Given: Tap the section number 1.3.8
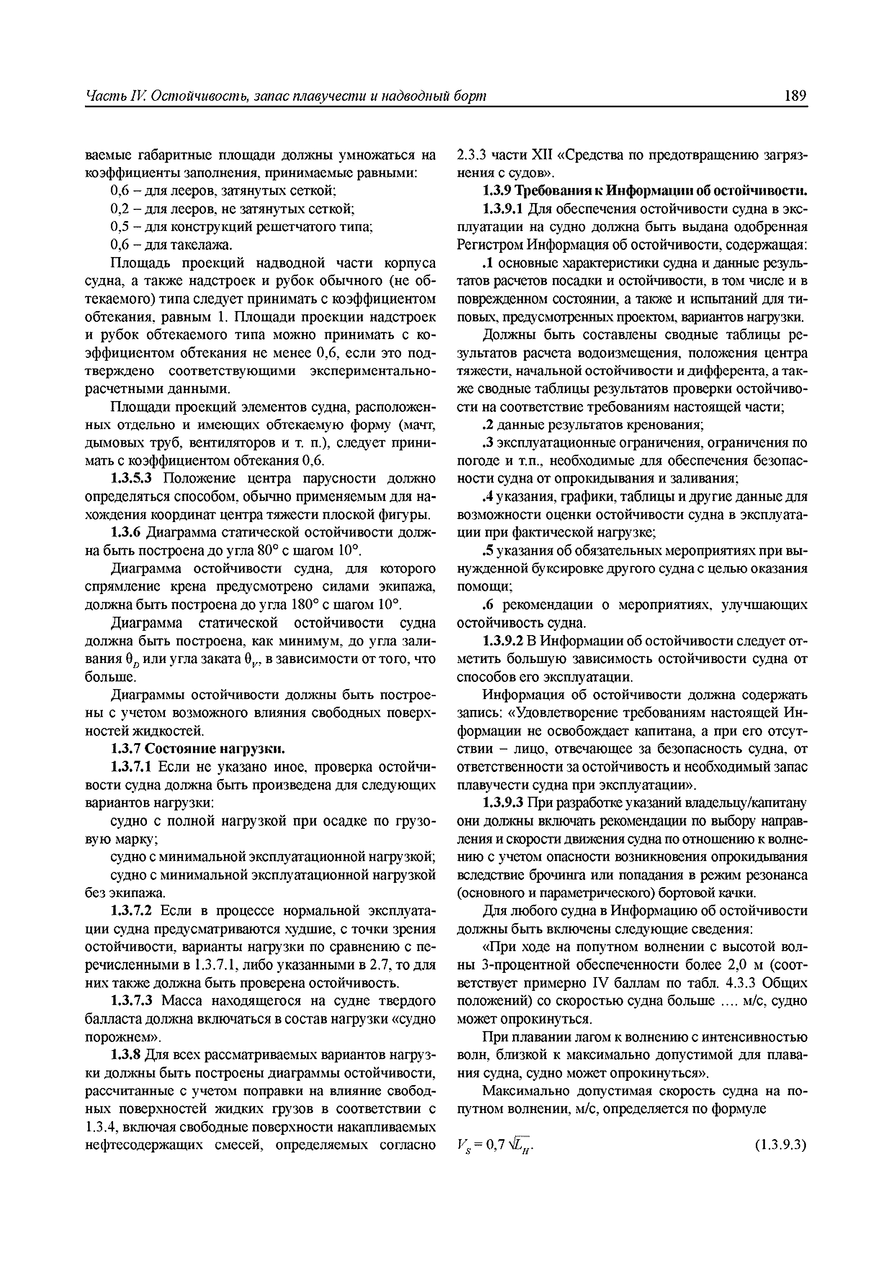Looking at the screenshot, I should [126, 1055].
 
